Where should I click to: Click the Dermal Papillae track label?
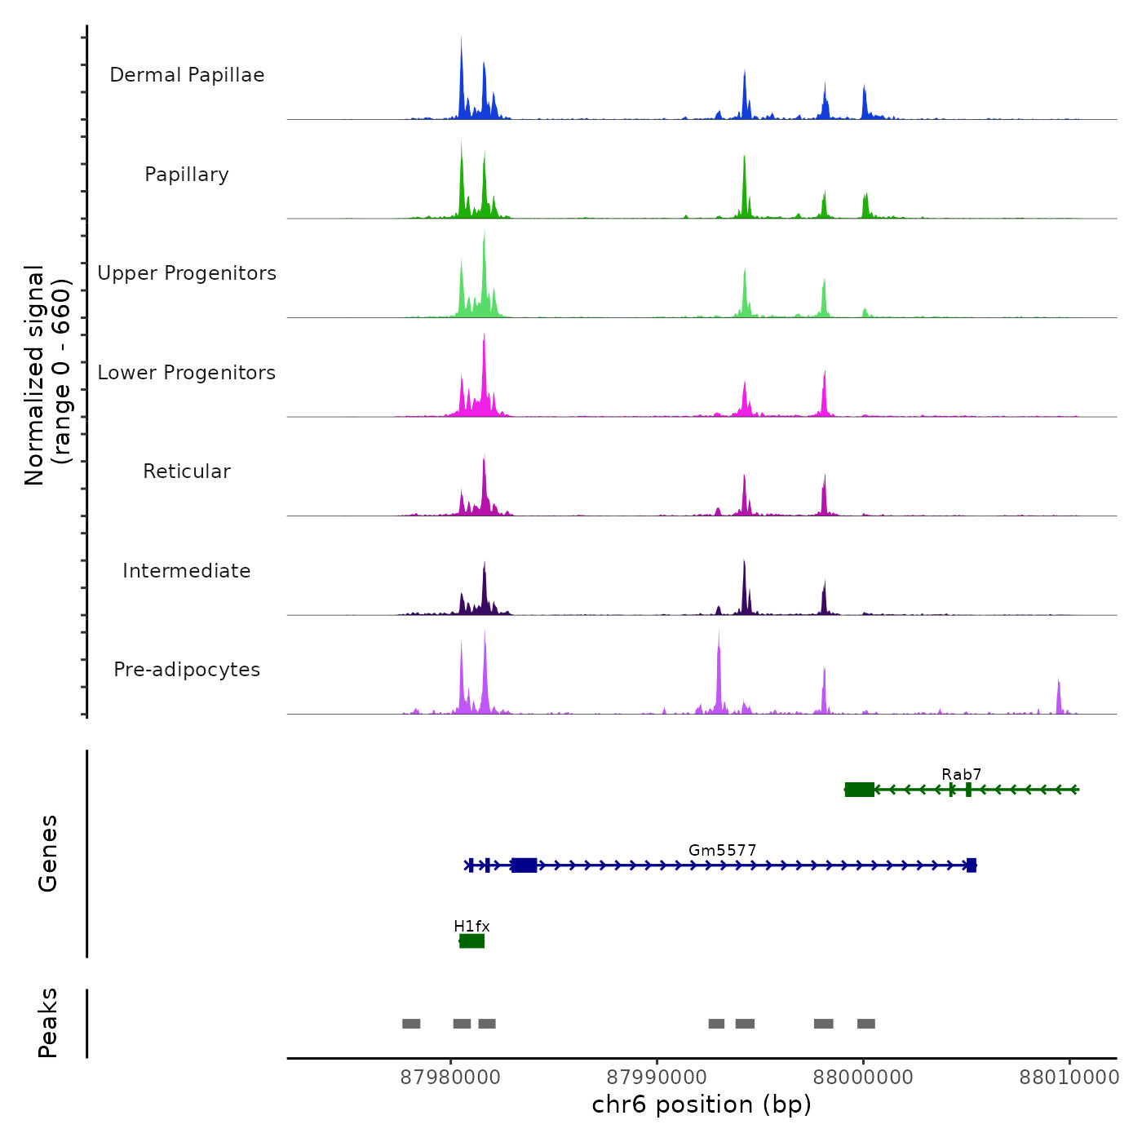[187, 75]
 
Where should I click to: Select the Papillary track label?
[187, 175]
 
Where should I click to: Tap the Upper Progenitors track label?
[187, 273]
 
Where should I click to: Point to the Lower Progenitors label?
[187, 373]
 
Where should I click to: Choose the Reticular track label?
[187, 471]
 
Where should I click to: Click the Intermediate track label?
[187, 571]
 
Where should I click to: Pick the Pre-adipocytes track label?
[187, 670]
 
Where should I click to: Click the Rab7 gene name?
[961, 774]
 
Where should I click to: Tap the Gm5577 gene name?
[722, 850]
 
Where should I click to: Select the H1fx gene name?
[471, 926]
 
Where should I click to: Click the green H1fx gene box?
[471, 941]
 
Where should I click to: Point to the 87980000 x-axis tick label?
[450, 1078]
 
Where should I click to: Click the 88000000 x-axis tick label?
[863, 1078]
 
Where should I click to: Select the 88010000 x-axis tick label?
[1069, 1078]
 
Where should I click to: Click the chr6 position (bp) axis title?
[702, 1104]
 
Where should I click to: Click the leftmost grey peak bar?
[411, 1024]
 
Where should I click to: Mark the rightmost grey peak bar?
[866, 1024]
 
